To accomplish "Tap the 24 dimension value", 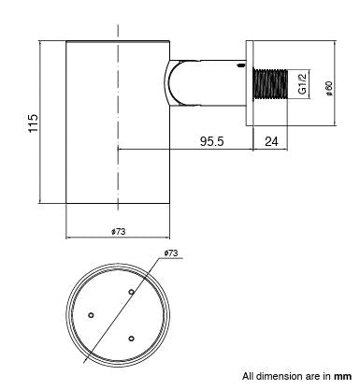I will [x=272, y=141].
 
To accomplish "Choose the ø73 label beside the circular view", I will [x=170, y=253].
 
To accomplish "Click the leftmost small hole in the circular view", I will [x=91, y=315].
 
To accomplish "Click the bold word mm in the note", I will [x=343, y=377].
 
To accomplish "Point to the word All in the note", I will [x=248, y=377].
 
